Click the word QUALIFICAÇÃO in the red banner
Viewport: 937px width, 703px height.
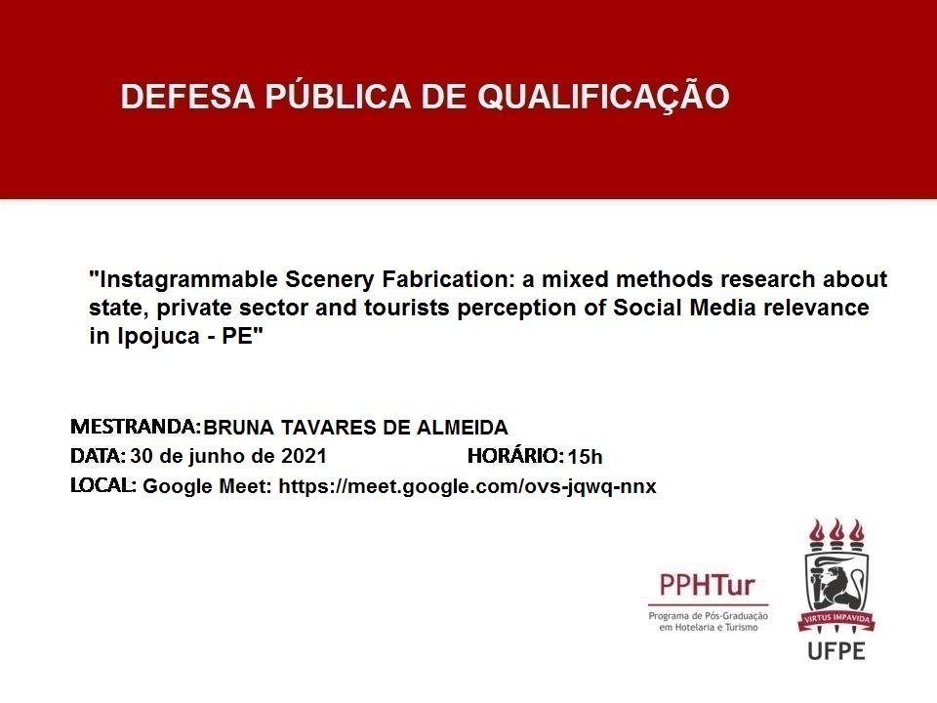point(603,98)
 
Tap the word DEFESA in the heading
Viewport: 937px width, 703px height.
point(187,97)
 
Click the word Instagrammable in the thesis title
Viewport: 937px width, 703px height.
point(188,280)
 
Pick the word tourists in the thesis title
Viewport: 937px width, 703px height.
point(407,308)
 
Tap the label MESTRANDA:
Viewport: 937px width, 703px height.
point(136,427)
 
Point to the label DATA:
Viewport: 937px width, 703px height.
point(98,456)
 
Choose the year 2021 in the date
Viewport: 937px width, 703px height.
point(304,456)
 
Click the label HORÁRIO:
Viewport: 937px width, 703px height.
point(515,456)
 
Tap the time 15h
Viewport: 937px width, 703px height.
point(585,457)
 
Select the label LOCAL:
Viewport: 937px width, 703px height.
point(103,485)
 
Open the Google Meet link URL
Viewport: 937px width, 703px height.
point(468,486)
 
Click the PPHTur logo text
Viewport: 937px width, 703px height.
point(707,585)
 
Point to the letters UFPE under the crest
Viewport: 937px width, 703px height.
point(836,651)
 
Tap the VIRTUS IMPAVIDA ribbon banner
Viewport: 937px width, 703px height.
point(836,619)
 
